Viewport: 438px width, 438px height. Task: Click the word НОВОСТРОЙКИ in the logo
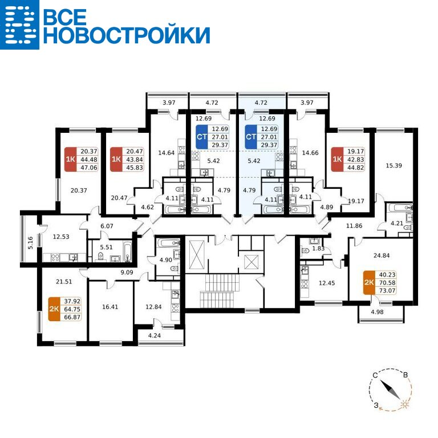click(127, 35)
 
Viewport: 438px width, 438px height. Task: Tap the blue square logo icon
click(19, 25)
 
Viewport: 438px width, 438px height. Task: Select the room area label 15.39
click(394, 165)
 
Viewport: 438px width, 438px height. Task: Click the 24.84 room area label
click(382, 255)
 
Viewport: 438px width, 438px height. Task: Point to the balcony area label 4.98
click(377, 312)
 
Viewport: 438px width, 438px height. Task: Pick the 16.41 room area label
click(110, 307)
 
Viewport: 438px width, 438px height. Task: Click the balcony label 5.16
click(31, 242)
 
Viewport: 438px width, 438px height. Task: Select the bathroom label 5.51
click(107, 247)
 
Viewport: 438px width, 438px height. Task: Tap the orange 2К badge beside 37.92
click(54, 309)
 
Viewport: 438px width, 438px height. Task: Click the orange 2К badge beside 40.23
click(369, 282)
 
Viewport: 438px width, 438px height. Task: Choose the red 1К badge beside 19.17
click(337, 159)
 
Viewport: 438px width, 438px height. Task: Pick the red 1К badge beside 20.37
click(70, 159)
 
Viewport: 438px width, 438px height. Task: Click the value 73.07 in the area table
click(387, 290)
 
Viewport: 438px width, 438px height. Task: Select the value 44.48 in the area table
click(89, 160)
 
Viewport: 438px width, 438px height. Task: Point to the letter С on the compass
click(375, 375)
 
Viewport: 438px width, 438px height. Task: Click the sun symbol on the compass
click(405, 404)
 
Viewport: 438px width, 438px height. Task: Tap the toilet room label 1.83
click(318, 248)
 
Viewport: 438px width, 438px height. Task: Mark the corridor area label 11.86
click(354, 226)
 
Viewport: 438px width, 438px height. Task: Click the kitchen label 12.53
click(61, 237)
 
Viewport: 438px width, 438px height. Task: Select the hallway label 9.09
click(127, 272)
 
